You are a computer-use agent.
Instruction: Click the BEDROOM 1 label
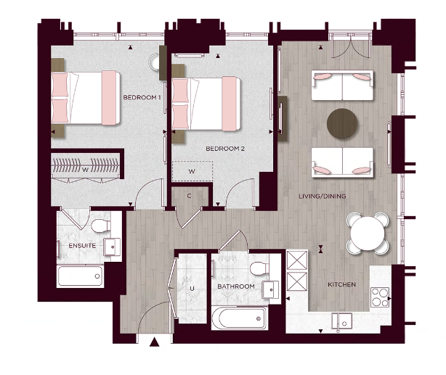coord(142,97)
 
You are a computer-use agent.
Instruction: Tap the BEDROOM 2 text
coord(224,149)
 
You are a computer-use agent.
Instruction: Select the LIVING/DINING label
coord(323,197)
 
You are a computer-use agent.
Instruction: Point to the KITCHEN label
coord(341,284)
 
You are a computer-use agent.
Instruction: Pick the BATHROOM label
coord(236,287)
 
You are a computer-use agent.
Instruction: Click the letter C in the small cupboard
coord(189,196)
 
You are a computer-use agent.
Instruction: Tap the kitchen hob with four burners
coord(381,296)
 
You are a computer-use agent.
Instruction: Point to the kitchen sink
coord(341,319)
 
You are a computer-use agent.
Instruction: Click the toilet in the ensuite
coord(108,228)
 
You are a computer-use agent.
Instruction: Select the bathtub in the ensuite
coord(81,275)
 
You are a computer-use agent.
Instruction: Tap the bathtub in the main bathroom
coord(238,318)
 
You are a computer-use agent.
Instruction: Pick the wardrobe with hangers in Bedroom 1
coord(86,166)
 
